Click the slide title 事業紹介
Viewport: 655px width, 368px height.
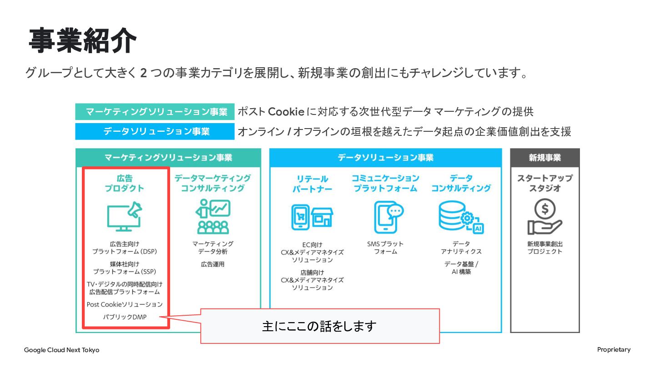(x=83, y=40)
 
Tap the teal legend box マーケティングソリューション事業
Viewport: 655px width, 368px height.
(x=155, y=112)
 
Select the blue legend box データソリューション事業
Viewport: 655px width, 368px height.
(x=155, y=131)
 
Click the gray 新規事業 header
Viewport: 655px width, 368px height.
(x=545, y=158)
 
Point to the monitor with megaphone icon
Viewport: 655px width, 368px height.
(x=124, y=216)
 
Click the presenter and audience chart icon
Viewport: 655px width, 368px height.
(x=213, y=216)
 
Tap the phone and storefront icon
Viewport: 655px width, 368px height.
(x=312, y=217)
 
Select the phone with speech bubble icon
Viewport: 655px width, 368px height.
(x=388, y=217)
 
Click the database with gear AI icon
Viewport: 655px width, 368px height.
(x=461, y=217)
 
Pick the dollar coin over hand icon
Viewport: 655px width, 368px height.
(x=545, y=216)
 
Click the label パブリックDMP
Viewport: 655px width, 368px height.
(x=125, y=317)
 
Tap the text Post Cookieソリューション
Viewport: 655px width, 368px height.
(x=125, y=304)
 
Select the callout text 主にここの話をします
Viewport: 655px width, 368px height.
(x=319, y=326)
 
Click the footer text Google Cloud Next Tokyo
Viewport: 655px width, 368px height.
(x=61, y=350)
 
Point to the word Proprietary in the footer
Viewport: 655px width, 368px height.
(x=614, y=350)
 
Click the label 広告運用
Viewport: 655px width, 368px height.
(x=212, y=264)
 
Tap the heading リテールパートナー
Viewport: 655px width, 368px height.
(x=312, y=184)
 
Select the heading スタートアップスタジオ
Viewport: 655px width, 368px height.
(x=545, y=183)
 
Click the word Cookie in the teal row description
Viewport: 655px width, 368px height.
(x=286, y=112)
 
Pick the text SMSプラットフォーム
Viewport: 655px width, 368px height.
(x=385, y=247)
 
